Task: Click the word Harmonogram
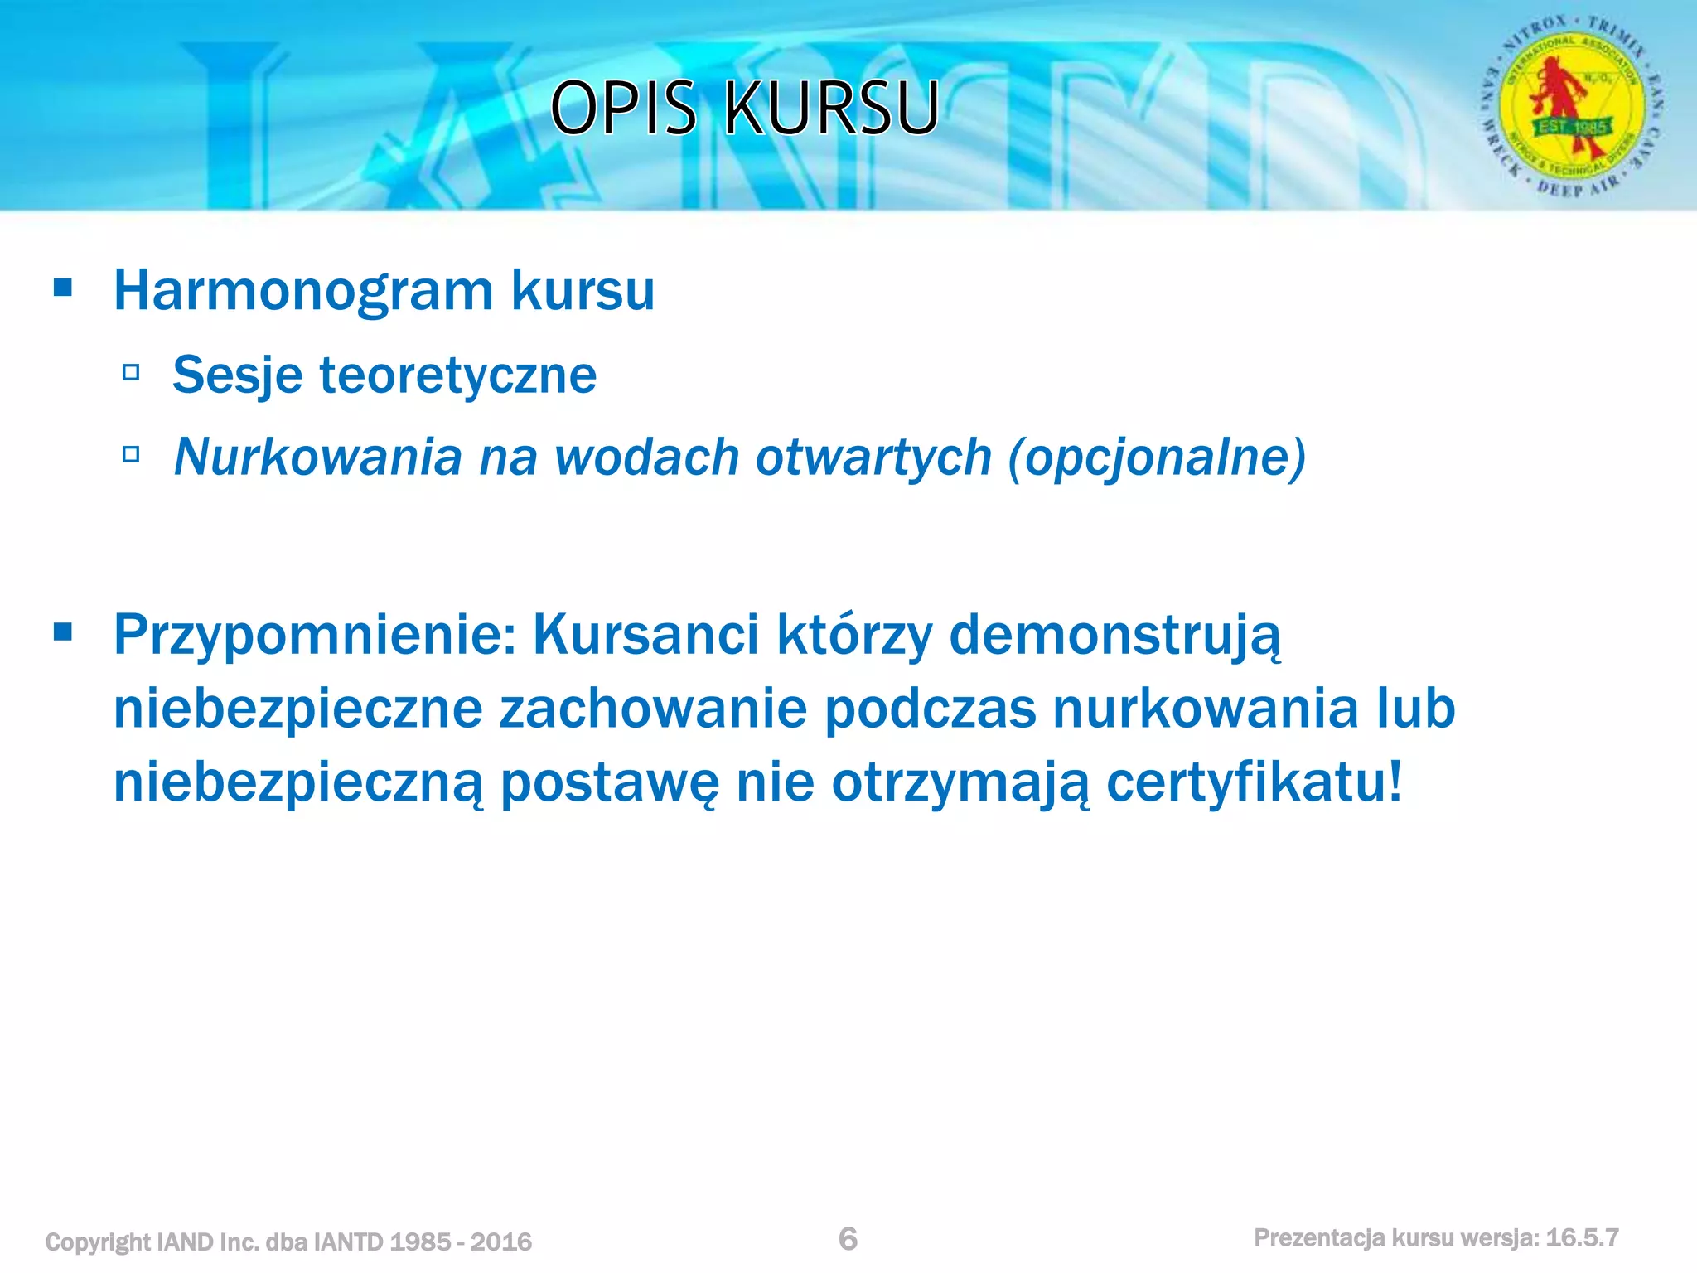click(x=303, y=292)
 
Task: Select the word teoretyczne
click(x=457, y=375)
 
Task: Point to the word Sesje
click(x=237, y=375)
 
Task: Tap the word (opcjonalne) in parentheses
click(x=1157, y=457)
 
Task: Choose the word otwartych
click(x=873, y=457)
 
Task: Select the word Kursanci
click(x=645, y=634)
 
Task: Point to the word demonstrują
click(x=1114, y=636)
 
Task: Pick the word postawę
click(x=610, y=783)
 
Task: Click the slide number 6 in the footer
click(x=848, y=1238)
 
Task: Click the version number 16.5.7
click(x=1582, y=1237)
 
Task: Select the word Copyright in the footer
click(x=98, y=1242)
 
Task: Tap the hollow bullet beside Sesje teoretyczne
click(x=130, y=372)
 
